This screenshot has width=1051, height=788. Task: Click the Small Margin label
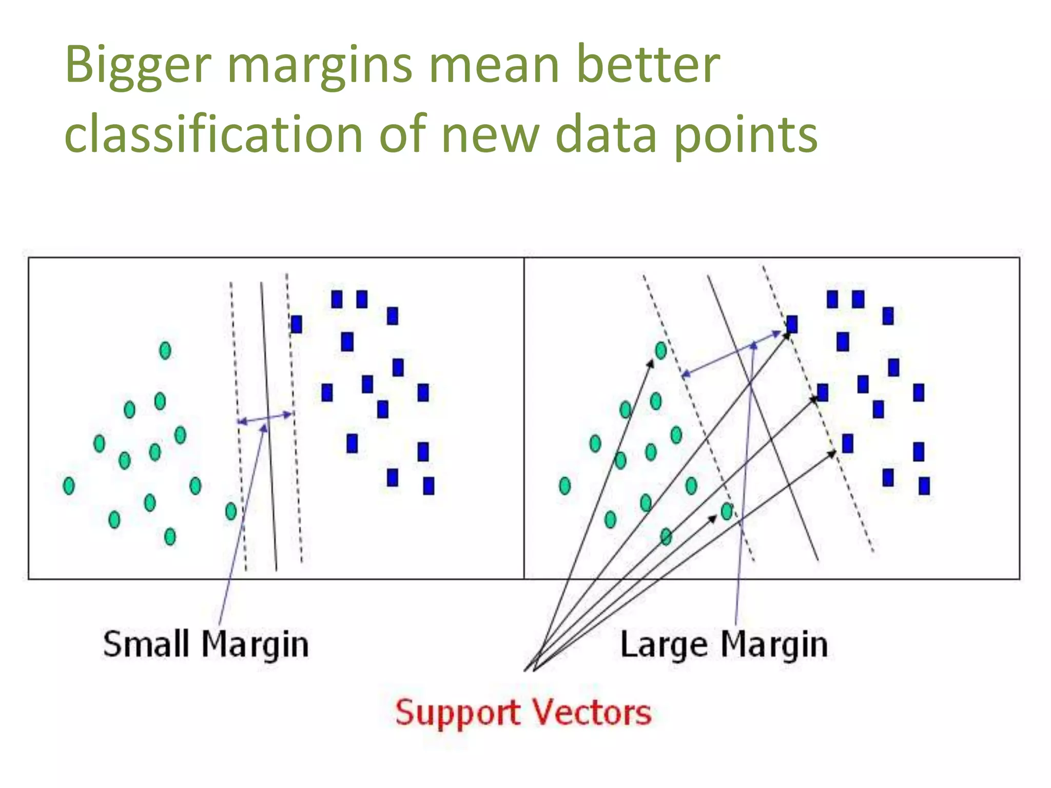[x=206, y=644]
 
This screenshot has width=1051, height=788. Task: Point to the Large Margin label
[x=724, y=644]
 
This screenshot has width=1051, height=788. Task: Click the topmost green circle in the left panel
[x=165, y=350]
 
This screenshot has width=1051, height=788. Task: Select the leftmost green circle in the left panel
[x=68, y=485]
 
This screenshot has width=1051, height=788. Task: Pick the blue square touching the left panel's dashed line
[x=296, y=324]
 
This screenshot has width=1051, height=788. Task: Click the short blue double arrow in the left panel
[x=265, y=418]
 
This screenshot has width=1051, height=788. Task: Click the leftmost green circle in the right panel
[x=565, y=485]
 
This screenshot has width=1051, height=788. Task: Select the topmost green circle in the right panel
[x=661, y=350]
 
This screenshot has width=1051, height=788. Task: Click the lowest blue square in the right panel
[x=924, y=485]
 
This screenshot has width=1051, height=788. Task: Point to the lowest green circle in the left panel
[x=170, y=537]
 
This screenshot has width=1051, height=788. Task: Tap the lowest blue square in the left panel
[x=429, y=485]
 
